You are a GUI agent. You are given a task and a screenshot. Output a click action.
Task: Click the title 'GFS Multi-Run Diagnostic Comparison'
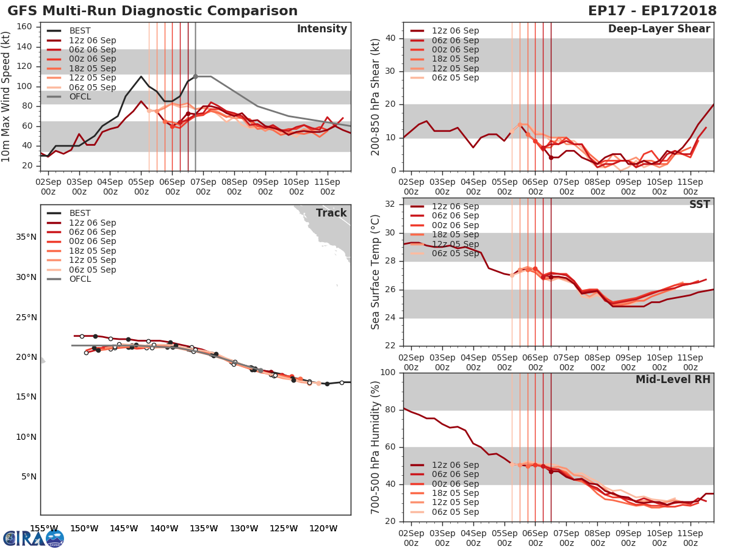click(152, 11)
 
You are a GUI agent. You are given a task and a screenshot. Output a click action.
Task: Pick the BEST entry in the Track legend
click(80, 213)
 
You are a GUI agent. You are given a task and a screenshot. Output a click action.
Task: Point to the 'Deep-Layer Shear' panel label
click(659, 29)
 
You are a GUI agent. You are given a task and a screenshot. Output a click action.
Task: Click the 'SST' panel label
click(699, 204)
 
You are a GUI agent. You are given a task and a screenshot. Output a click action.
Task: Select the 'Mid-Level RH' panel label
click(673, 379)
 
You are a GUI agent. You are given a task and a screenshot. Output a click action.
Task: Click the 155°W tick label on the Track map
click(44, 528)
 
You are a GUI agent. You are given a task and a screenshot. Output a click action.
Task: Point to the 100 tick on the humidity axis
click(389, 372)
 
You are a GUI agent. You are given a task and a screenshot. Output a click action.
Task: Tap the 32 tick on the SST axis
click(392, 204)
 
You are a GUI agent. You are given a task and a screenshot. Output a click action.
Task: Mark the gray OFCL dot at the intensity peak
click(195, 77)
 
